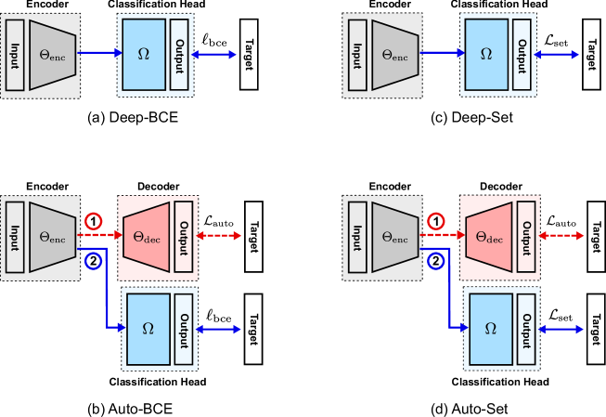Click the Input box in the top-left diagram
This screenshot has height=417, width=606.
tap(15, 55)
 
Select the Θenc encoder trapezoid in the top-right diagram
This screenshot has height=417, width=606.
tap(394, 55)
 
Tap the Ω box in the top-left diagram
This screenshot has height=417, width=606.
tap(144, 55)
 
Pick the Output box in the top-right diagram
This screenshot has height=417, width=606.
tap(522, 55)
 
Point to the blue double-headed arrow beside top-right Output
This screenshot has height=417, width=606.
tap(556, 55)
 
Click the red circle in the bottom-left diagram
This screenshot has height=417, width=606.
tap(93, 221)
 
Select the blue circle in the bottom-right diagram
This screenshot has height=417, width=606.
tap(435, 261)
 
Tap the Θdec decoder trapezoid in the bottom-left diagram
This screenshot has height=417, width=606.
tap(147, 237)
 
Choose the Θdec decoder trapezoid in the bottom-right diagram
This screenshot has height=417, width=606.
tap(489, 237)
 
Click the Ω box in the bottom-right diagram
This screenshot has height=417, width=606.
tap(491, 329)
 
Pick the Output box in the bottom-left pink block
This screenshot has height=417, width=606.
tap(184, 237)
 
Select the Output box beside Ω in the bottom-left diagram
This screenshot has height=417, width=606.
tap(184, 329)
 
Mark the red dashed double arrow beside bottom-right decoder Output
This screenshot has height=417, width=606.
tap(561, 236)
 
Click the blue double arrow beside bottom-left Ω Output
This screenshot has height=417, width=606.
tap(218, 329)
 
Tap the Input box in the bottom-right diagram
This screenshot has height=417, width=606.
tap(357, 237)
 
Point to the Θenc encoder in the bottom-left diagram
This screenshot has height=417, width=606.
tap(52, 237)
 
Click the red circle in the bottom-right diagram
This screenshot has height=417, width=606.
tap(435, 221)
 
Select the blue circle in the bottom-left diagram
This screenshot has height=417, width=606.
tap(93, 261)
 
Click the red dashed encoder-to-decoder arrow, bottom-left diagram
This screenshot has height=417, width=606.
tap(100, 235)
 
